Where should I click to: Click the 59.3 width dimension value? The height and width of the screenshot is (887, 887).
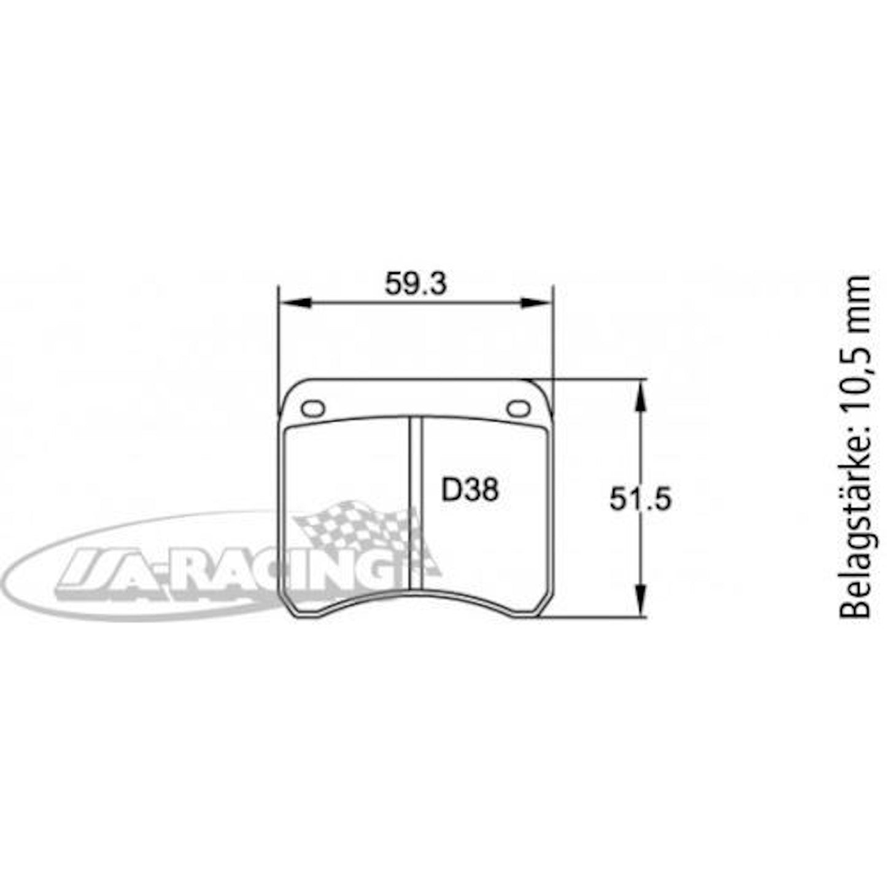coord(416,284)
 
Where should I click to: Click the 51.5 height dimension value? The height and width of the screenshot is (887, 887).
coord(640,498)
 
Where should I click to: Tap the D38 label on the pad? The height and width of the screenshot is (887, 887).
coord(470,490)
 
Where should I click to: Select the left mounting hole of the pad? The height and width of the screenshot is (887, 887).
coord(313,408)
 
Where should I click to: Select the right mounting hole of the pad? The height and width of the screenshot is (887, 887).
coord(519,408)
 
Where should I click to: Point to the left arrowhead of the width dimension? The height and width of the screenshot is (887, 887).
coord(295,303)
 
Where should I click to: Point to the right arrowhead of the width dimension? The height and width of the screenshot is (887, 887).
coord(536,303)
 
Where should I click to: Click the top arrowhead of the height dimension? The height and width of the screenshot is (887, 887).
coord(640,397)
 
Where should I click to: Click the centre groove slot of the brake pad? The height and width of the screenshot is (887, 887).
coord(416,500)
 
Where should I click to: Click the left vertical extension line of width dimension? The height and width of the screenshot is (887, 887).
coord(278,344)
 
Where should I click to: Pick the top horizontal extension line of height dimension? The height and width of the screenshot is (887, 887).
coord(595,379)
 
